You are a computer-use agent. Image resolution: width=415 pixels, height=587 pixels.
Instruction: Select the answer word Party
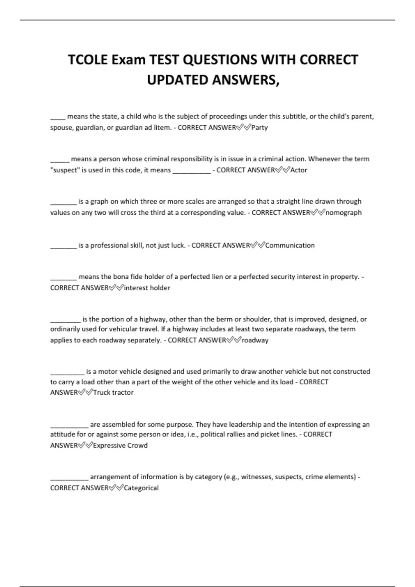259,128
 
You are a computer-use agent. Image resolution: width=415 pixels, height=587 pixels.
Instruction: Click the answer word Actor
299,170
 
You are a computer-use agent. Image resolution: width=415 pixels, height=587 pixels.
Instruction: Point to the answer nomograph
343,213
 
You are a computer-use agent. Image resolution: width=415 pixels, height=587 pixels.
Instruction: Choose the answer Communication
290,246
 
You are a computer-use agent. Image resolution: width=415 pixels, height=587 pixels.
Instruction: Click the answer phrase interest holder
147,288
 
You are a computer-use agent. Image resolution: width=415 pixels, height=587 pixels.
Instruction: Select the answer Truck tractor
113,393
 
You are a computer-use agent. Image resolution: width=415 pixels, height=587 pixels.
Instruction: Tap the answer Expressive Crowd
120,445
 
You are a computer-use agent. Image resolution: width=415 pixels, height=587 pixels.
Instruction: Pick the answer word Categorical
141,488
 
